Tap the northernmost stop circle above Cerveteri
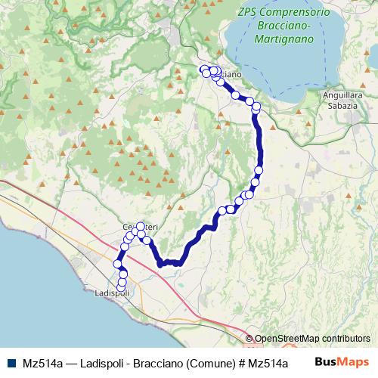pyautogui.click(x=140, y=227)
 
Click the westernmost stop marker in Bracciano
pyautogui.click(x=203, y=70)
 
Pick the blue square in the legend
pyautogui.click(x=11, y=362)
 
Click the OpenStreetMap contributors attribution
pyautogui.click(x=312, y=339)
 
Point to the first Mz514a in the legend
pyautogui.click(x=42, y=362)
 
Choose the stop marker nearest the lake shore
pyautogui.click(x=256, y=106)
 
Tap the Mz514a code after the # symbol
pyautogui.click(x=278, y=362)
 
